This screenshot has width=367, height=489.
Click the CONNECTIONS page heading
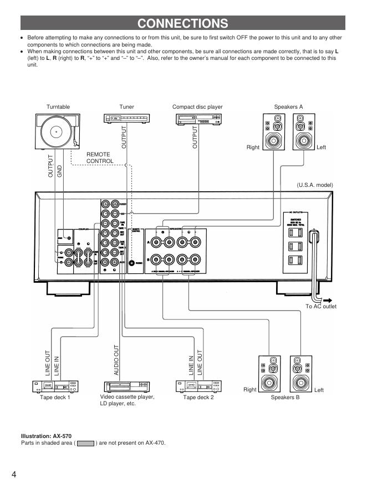click(x=182, y=23)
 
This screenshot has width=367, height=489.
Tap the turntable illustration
click(x=58, y=131)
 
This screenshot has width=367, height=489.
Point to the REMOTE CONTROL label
click(x=100, y=158)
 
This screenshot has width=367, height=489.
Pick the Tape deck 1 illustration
click(x=55, y=386)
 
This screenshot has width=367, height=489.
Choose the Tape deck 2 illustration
click(x=198, y=386)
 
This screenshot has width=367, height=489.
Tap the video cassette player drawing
click(x=126, y=386)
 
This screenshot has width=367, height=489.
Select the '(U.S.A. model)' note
click(x=314, y=185)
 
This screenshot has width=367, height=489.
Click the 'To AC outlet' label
click(x=320, y=307)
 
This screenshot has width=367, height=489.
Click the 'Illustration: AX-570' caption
click(x=46, y=436)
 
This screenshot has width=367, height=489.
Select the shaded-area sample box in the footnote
click(x=85, y=443)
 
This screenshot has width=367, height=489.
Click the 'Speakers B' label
click(x=285, y=398)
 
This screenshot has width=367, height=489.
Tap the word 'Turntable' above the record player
click(x=58, y=106)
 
